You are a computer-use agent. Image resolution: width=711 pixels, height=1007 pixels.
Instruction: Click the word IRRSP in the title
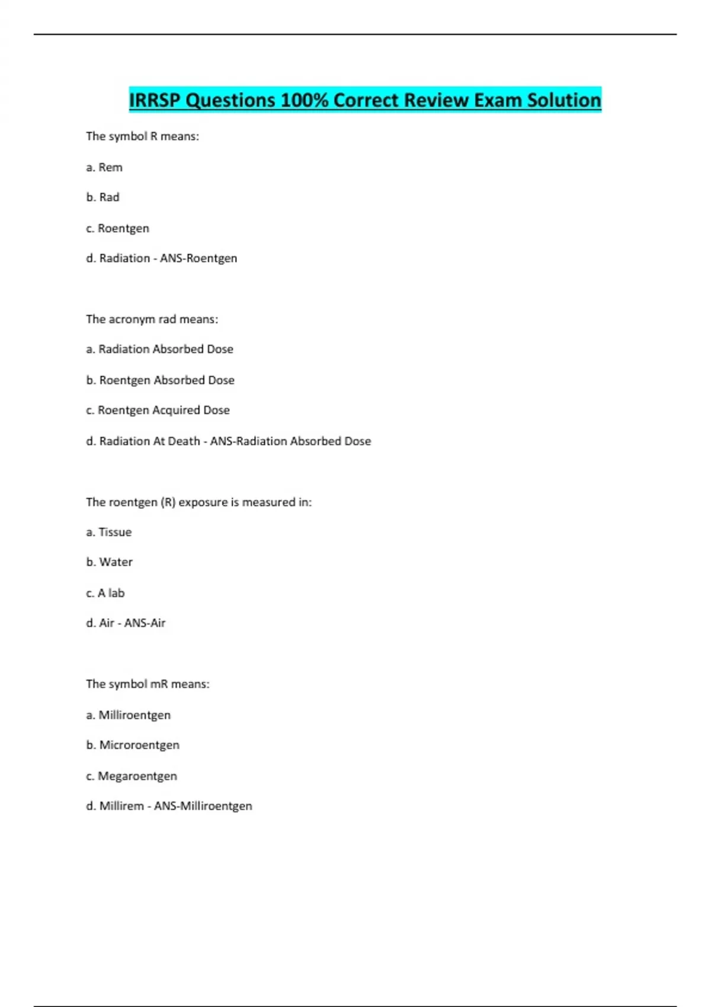(x=155, y=100)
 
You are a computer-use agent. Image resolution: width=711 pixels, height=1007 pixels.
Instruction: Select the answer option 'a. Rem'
(x=104, y=168)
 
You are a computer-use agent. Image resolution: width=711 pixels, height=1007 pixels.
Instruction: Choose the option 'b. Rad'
(x=103, y=197)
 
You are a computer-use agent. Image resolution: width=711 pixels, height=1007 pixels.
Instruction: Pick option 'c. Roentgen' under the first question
(x=117, y=229)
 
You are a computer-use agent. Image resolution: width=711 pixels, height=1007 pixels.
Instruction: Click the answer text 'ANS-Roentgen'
(x=198, y=258)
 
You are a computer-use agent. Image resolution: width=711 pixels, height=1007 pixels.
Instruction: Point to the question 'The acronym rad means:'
(x=152, y=319)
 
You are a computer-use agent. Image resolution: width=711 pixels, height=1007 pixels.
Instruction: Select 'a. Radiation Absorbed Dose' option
(x=159, y=349)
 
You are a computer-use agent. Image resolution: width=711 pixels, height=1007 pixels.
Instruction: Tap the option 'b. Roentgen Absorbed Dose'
(x=160, y=380)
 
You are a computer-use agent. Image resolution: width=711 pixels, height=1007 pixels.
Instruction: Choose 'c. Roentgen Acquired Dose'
(x=158, y=410)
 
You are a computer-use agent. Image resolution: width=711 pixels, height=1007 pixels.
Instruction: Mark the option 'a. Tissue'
(x=108, y=532)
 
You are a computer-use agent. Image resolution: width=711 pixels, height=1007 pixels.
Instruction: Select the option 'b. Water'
(x=109, y=562)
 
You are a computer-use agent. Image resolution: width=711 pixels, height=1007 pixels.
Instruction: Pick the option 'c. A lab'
(x=105, y=593)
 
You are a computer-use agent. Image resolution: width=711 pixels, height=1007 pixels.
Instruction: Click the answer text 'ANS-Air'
(x=145, y=623)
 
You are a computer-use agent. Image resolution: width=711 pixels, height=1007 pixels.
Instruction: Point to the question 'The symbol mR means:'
(x=148, y=684)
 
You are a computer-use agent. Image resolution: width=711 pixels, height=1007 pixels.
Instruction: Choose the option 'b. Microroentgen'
(x=133, y=745)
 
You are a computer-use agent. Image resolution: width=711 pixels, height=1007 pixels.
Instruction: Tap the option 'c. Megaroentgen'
(x=132, y=776)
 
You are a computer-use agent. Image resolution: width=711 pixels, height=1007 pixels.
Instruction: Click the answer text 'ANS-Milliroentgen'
(x=203, y=806)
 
